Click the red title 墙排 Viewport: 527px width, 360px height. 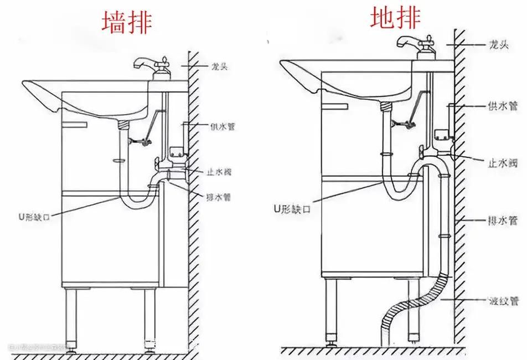pyautogui.click(x=127, y=23)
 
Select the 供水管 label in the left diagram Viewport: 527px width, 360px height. pyautogui.click(x=223, y=126)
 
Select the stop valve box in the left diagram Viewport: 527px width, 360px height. pyautogui.click(x=177, y=151)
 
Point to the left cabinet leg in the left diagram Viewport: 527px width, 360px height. pyautogui.click(x=71, y=315)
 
